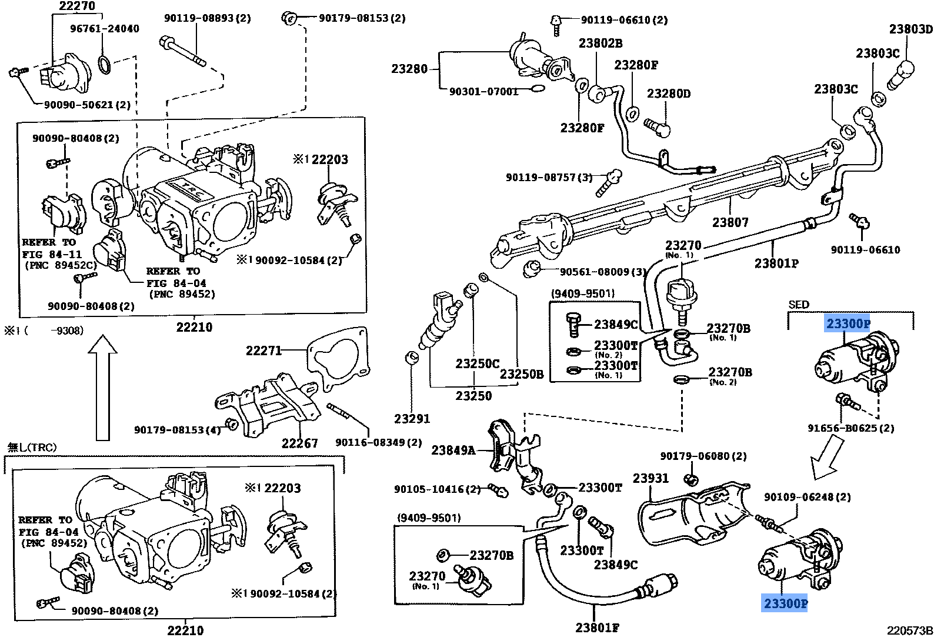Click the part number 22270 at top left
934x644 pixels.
(77, 6)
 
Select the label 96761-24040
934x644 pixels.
(105, 28)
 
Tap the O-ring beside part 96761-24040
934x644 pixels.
(105, 64)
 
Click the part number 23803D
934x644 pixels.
(910, 29)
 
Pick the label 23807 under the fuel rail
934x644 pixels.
(730, 222)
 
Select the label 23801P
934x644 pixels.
(776, 263)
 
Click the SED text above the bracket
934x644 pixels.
(799, 304)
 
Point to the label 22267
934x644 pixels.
(299, 443)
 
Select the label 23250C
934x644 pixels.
(477, 363)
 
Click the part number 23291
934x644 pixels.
(412, 418)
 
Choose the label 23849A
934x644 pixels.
(453, 450)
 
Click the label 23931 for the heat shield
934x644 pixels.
(651, 478)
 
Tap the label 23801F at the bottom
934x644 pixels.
(597, 628)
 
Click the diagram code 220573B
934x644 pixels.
(910, 631)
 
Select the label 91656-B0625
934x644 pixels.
(850, 428)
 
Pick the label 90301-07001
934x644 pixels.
(483, 91)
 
